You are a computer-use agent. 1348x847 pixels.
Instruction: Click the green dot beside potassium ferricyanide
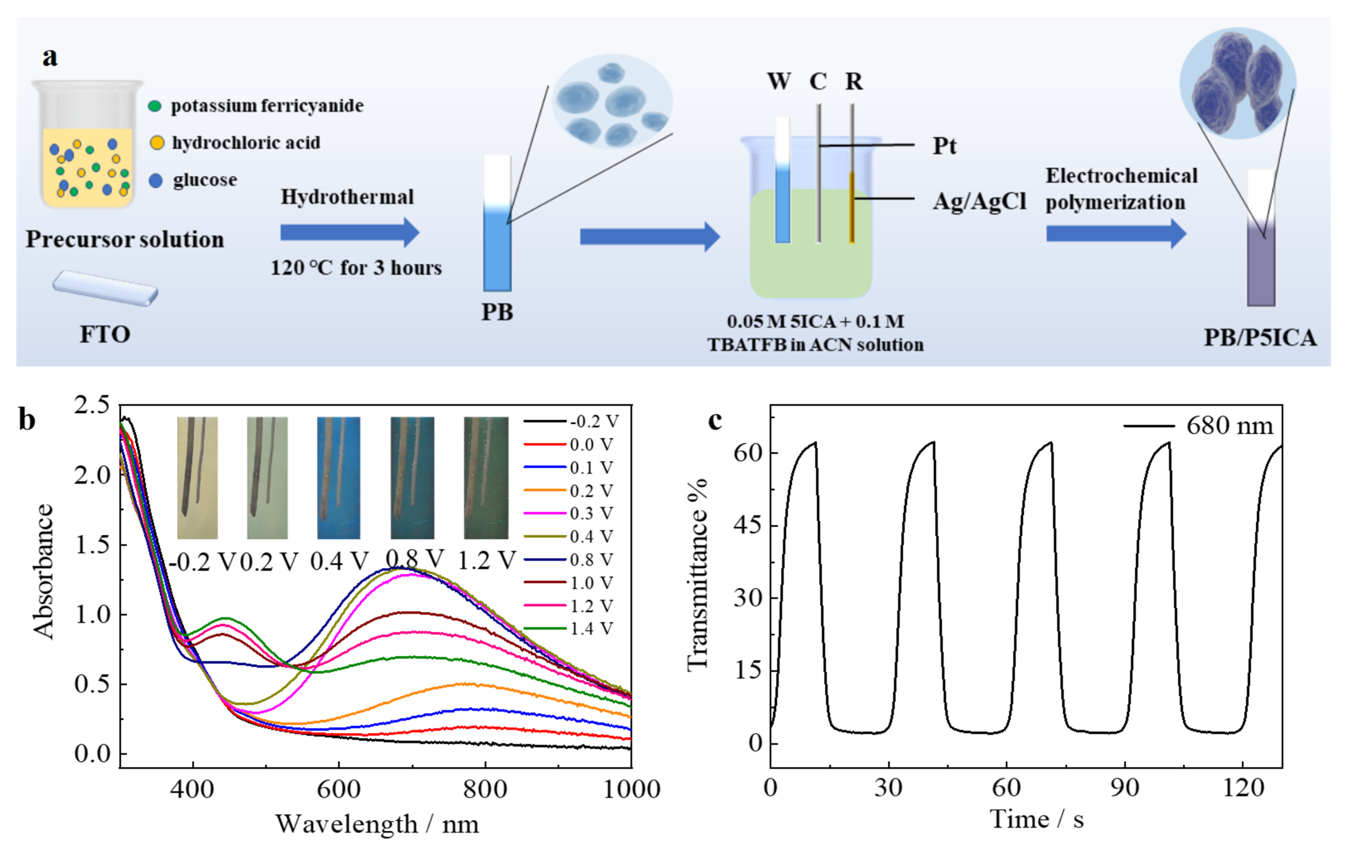(155, 106)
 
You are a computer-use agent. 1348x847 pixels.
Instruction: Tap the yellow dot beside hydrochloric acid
(157, 143)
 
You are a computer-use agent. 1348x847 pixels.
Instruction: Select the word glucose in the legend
(205, 180)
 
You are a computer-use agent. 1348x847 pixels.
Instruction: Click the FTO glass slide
(105, 288)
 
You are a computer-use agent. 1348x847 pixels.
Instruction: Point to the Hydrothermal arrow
(349, 232)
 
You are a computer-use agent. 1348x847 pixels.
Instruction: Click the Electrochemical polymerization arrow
(1116, 233)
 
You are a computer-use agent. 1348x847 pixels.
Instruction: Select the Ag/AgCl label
(979, 201)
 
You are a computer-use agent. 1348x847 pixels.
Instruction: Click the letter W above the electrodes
(779, 82)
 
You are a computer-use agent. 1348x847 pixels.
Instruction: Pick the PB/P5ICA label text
(1260, 338)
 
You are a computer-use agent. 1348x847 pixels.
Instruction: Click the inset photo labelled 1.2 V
(486, 477)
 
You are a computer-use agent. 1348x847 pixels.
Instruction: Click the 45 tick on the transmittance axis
(748, 525)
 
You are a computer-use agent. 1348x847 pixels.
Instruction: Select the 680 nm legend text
(1229, 426)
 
